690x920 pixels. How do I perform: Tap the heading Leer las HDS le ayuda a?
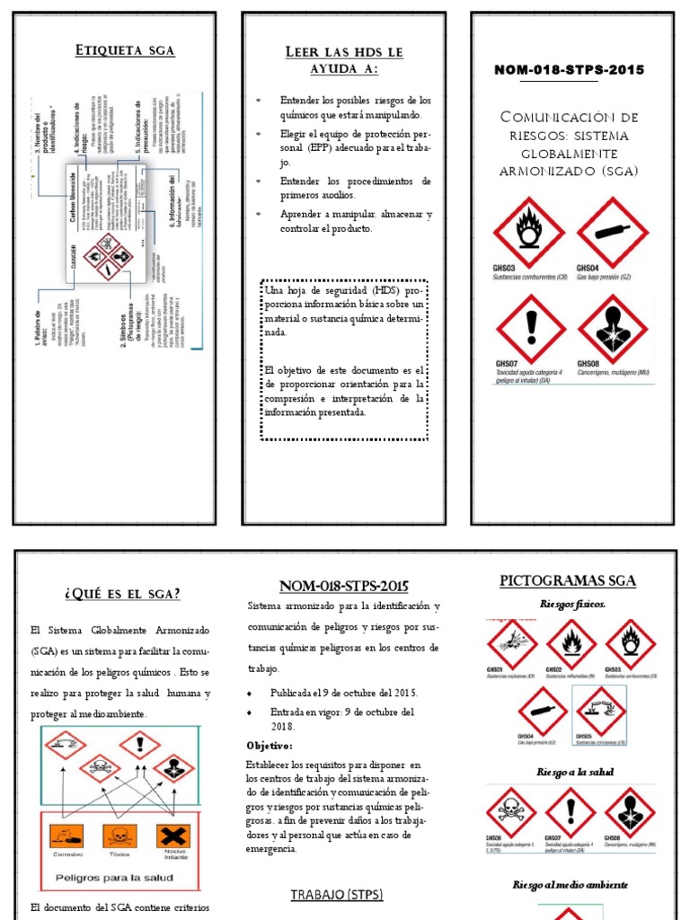pos(343,60)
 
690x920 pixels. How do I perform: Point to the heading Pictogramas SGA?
pos(567,581)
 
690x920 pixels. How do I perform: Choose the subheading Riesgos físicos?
pos(572,605)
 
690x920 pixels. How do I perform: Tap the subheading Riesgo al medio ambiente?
pos(571,885)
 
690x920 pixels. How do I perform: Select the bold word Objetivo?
pos(270,746)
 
